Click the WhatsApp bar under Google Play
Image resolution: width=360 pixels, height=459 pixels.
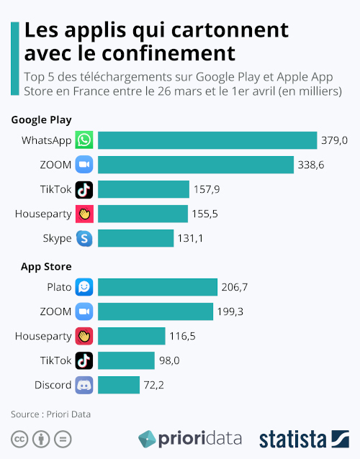tap(207, 140)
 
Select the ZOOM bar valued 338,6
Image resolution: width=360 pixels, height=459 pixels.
tap(196, 165)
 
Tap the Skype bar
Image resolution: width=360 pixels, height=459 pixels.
tap(135, 238)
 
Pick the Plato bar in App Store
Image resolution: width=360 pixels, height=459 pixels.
tap(158, 287)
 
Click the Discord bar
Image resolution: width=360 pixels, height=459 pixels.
tap(119, 385)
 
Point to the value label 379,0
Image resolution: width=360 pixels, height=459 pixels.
tap(335, 140)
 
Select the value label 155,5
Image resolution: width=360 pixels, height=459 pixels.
tap(205, 214)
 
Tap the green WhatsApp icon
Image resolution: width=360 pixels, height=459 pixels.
tap(85, 140)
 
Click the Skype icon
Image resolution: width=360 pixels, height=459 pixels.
tap(85, 238)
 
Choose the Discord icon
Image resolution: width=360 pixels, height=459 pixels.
tap(85, 385)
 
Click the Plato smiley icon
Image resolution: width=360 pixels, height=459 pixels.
tap(85, 287)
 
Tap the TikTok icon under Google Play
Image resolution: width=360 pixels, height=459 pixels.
tap(85, 189)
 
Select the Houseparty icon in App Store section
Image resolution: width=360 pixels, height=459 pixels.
tap(85, 336)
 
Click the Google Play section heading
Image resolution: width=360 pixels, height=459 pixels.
tap(41, 120)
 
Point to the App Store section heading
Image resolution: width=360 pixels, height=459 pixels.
tap(46, 267)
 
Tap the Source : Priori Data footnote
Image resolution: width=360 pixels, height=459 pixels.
tap(50, 414)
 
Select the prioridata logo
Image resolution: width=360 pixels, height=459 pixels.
tap(190, 439)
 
